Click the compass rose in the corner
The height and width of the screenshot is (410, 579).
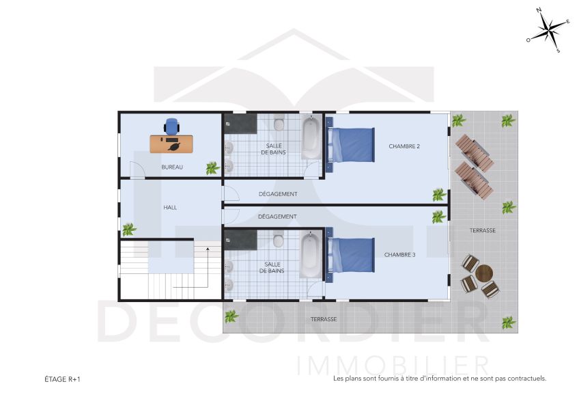(x=548, y=29)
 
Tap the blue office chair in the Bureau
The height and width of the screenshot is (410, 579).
(x=171, y=126)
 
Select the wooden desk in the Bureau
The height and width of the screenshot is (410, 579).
(x=171, y=144)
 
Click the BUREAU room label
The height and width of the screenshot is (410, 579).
(x=172, y=167)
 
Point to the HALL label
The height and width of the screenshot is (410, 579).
(x=171, y=207)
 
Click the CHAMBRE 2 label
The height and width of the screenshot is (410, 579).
(x=404, y=146)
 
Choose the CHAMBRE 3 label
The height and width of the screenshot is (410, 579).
(x=399, y=255)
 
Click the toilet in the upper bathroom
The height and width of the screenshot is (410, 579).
(x=279, y=124)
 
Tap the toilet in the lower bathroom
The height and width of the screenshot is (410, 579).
(x=279, y=241)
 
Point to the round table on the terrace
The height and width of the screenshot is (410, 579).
(x=484, y=273)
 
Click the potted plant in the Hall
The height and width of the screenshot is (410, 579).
(x=128, y=229)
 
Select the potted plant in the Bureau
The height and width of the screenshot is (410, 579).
(x=212, y=167)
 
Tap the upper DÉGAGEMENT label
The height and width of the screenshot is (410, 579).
(x=277, y=194)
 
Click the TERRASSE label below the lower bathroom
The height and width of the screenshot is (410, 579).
(x=324, y=319)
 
